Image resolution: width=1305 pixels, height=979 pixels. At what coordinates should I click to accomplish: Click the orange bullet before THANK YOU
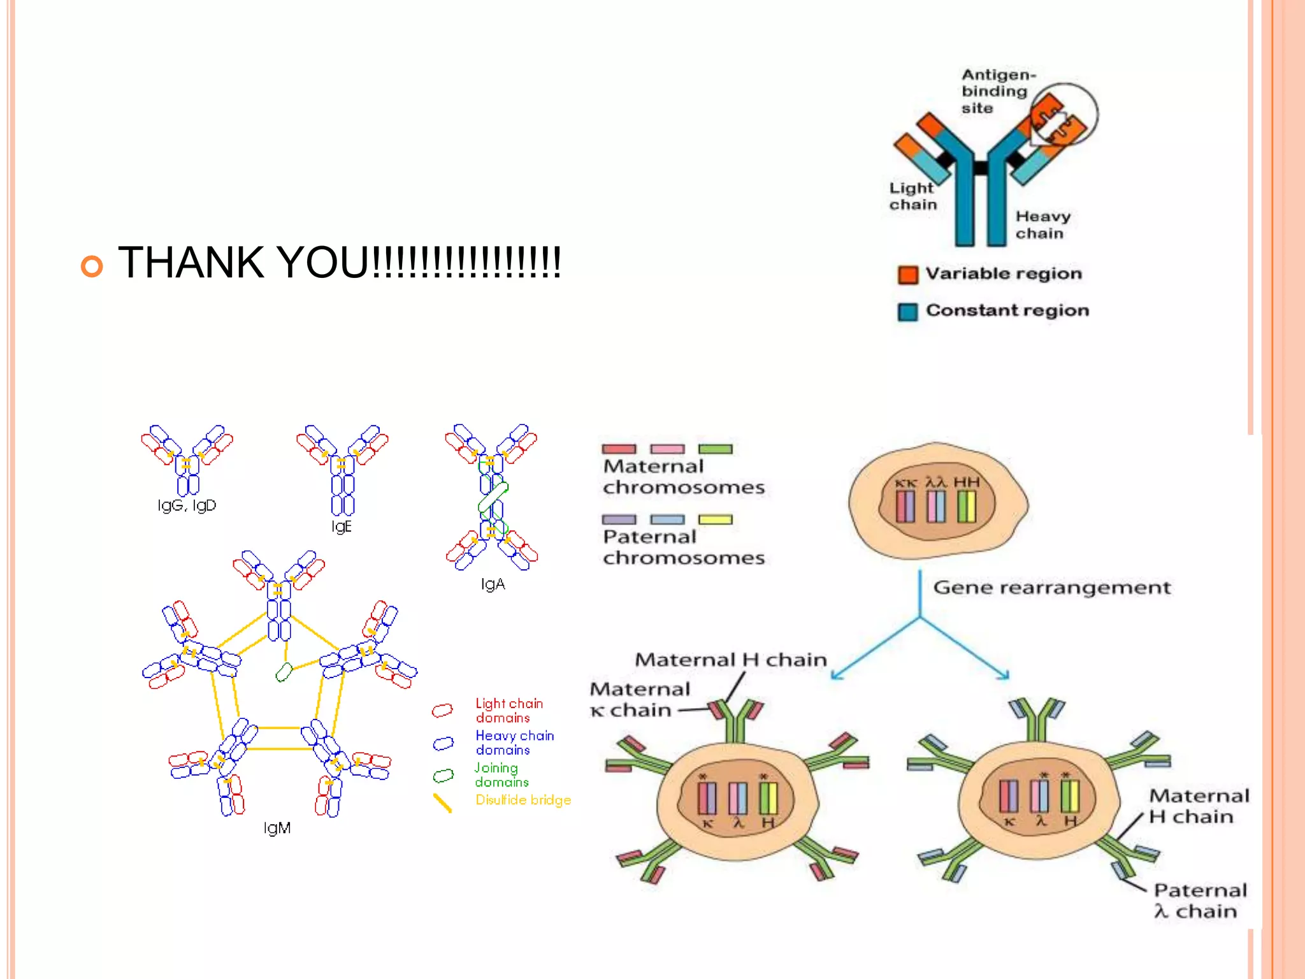92,266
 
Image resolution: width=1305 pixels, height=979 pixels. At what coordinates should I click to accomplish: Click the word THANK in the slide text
191,263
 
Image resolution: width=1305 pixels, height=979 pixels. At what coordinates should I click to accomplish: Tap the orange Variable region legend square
907,275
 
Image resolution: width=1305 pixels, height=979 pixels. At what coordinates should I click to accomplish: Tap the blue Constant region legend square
907,312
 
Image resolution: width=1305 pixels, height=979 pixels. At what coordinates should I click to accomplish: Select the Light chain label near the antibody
912,196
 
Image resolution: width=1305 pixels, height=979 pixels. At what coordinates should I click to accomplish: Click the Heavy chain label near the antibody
1042,225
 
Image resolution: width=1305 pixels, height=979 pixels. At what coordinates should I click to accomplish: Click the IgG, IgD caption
187,505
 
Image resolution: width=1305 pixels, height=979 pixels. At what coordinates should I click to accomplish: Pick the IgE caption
342,526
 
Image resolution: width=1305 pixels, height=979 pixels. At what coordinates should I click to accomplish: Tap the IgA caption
493,584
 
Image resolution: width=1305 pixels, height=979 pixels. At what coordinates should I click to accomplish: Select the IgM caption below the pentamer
277,828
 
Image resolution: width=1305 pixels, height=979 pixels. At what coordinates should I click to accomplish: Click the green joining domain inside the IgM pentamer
284,672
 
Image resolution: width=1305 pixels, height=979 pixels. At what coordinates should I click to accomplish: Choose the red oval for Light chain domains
442,710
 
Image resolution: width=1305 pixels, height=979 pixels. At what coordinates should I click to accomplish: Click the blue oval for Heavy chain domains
443,743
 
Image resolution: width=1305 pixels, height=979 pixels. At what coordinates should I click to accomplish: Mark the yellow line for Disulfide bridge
442,802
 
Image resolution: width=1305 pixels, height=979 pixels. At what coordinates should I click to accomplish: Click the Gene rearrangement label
1051,588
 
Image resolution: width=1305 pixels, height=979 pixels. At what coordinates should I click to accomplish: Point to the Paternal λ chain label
1200,901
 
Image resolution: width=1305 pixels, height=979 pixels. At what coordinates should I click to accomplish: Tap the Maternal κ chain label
639,699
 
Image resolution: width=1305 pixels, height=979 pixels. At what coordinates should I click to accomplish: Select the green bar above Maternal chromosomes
715,449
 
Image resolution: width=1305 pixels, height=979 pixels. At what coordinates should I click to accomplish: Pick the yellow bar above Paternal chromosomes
715,519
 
